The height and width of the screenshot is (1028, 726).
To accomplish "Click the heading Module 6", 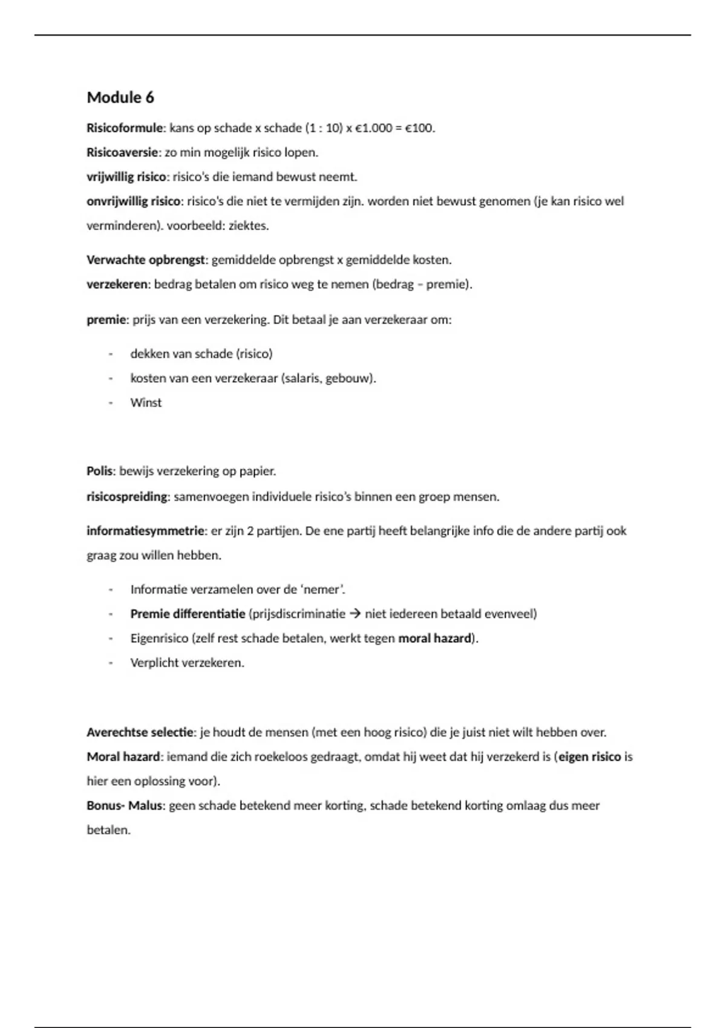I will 120,97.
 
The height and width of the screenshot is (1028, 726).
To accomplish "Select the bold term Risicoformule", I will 125,128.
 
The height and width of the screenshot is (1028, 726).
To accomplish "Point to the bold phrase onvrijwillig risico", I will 133,201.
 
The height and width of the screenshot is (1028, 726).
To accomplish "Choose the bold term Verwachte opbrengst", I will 146,260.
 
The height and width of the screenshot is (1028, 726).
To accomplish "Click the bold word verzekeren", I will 117,284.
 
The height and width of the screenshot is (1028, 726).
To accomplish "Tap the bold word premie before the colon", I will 106,319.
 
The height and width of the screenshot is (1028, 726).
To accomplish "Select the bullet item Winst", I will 146,403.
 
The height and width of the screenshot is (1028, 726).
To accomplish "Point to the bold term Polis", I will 99,471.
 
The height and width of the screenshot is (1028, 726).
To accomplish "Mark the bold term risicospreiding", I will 126,497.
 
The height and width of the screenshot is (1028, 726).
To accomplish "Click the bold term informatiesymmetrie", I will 145,531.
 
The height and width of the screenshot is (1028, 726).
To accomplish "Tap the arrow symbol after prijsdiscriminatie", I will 355,614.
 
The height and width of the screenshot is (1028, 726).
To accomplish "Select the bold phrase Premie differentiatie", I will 188,614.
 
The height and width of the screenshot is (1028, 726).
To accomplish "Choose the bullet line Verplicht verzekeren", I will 187,663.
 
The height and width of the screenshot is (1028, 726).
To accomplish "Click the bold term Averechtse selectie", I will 140,732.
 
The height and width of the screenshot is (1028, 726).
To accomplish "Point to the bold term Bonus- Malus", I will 125,805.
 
